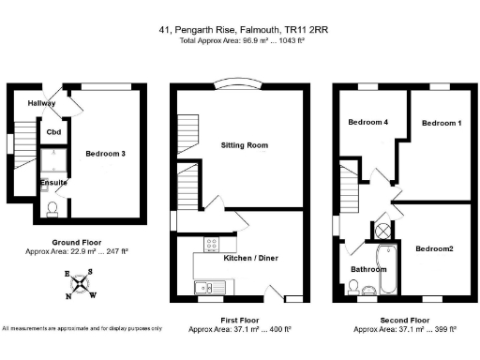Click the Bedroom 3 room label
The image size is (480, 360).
pos(105,154)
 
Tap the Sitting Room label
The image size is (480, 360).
pos(245,145)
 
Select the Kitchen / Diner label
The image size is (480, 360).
pos(251,258)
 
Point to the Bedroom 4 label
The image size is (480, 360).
pos(368,122)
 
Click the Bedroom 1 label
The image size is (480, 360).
pos(442,123)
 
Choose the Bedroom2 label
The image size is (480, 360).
pos(434,248)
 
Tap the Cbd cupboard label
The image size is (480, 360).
pos(53,132)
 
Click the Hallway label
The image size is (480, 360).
pos(41,103)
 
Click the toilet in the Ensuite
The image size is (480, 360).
pos(52,209)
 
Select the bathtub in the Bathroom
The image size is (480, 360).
pos(388,269)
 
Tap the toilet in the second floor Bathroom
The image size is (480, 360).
pos(353,288)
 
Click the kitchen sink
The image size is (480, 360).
pos(210,287)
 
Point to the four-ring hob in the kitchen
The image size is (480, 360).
pos(212,244)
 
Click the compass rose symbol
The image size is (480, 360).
pos(81,284)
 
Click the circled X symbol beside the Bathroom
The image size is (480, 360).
pos(382,232)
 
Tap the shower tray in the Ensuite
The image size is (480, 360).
pos(53,160)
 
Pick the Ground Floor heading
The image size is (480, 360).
pos(77,242)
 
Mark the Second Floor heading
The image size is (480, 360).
pos(405,320)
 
